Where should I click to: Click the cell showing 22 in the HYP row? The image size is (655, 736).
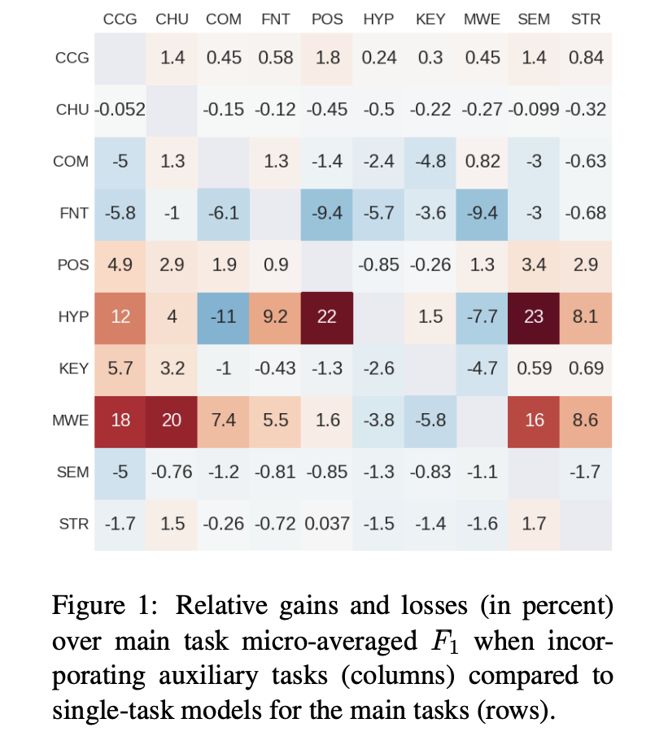click(327, 316)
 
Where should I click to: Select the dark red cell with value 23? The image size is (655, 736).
click(534, 316)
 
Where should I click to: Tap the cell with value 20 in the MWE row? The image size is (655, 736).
click(172, 420)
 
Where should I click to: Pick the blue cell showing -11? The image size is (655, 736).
click(224, 316)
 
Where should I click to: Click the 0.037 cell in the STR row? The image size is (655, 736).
click(327, 523)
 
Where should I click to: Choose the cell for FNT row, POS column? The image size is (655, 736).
click(327, 213)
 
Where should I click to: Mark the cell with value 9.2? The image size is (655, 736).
click(276, 316)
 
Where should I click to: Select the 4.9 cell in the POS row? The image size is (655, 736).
click(120, 265)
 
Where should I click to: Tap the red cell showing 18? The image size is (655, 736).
click(120, 420)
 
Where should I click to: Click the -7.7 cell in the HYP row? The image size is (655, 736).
click(482, 316)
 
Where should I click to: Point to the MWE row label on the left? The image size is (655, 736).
click(71, 420)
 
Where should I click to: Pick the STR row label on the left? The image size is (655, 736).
click(73, 524)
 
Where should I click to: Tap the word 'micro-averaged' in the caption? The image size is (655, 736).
click(338, 642)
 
